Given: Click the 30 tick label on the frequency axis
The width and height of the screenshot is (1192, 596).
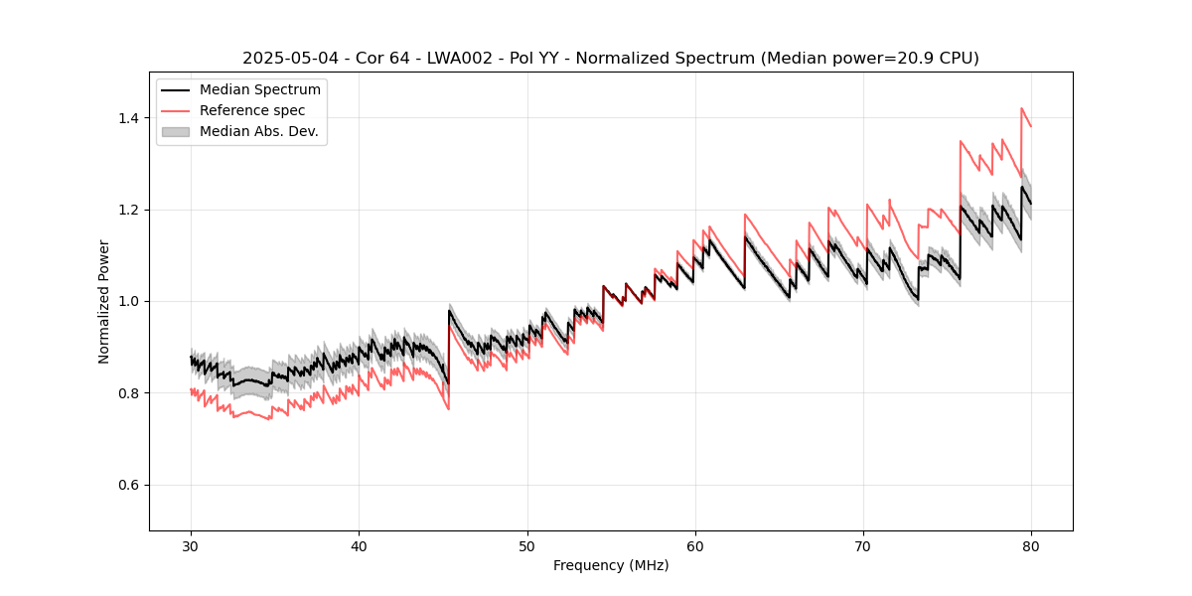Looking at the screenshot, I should coord(191,545).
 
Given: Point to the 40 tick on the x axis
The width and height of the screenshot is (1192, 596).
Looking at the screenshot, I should coord(359,545).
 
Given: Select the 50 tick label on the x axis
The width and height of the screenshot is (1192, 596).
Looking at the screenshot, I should coord(526,545).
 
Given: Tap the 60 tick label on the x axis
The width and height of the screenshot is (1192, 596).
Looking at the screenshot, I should coord(695,545).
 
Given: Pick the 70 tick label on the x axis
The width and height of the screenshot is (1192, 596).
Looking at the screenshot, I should coord(863,545).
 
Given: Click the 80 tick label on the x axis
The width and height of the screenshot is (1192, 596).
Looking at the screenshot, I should coord(1031,545).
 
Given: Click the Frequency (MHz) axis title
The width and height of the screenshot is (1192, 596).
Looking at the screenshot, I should coord(611,565).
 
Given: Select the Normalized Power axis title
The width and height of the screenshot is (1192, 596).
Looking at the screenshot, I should coord(104,301).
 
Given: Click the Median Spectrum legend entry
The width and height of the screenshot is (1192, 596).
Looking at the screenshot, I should coord(260,90).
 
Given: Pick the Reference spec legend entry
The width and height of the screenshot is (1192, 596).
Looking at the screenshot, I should coord(252,110).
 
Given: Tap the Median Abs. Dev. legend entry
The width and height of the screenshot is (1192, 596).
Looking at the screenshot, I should coord(259,131).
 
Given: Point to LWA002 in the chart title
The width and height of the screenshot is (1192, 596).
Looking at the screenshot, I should coord(469,59).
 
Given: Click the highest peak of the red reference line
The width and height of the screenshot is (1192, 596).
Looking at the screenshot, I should coord(1021,108).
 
